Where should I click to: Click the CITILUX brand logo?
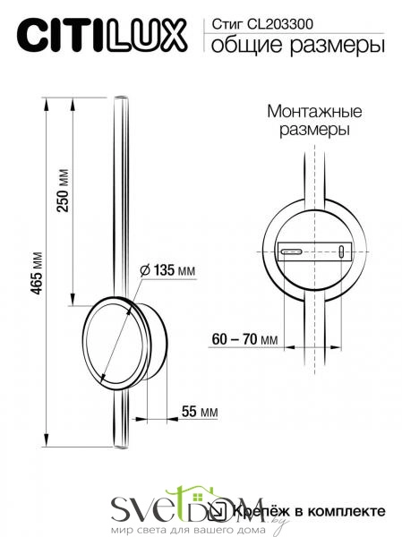pos(102,36)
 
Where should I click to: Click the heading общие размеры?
pos(297,46)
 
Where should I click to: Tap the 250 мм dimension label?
pos(64,191)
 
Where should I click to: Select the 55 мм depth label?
pos(200,412)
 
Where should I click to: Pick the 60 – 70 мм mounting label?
pos(244,339)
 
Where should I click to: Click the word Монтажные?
pos(314,112)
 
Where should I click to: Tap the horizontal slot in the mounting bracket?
pos(292,251)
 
